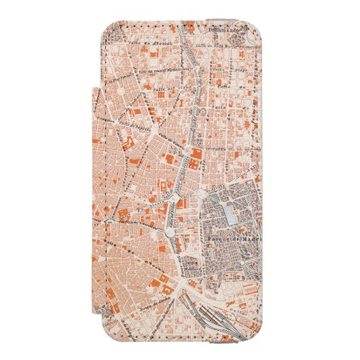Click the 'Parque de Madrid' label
(x=228, y=240)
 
